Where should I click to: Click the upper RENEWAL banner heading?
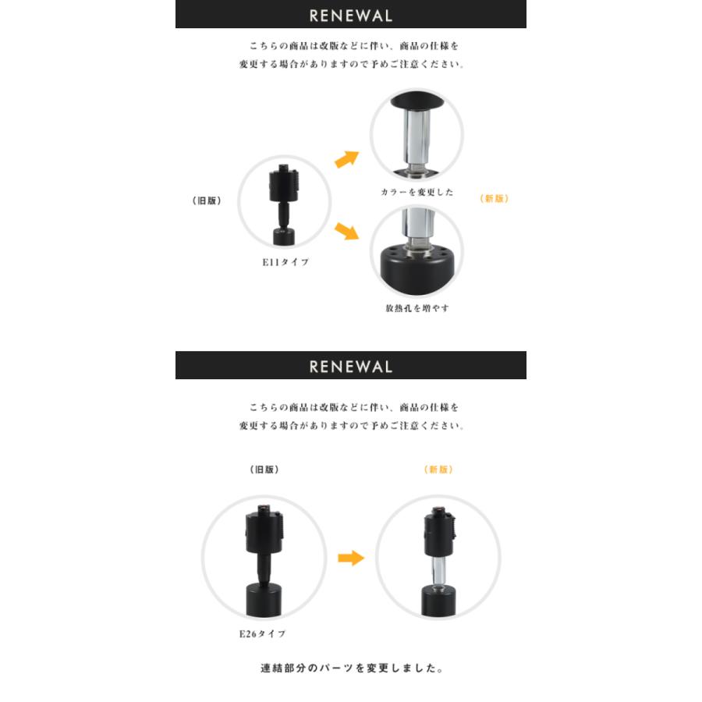coord(350,16)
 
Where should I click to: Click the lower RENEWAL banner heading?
coord(350,367)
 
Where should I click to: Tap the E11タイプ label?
coord(285,263)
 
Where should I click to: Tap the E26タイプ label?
coord(262,634)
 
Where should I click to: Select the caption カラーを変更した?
coord(417,192)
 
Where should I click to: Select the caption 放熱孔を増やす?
coord(417,308)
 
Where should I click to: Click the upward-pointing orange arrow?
coord(346,159)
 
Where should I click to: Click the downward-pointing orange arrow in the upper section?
coord(346,231)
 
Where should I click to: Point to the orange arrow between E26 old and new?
coord(351,558)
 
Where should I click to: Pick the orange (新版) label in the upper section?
coord(494,199)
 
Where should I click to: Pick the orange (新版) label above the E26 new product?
coord(438,470)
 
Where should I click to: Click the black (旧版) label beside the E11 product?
coord(207,200)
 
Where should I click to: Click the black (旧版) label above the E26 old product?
coord(264,470)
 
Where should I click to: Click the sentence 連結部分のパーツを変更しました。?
coord(352,668)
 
